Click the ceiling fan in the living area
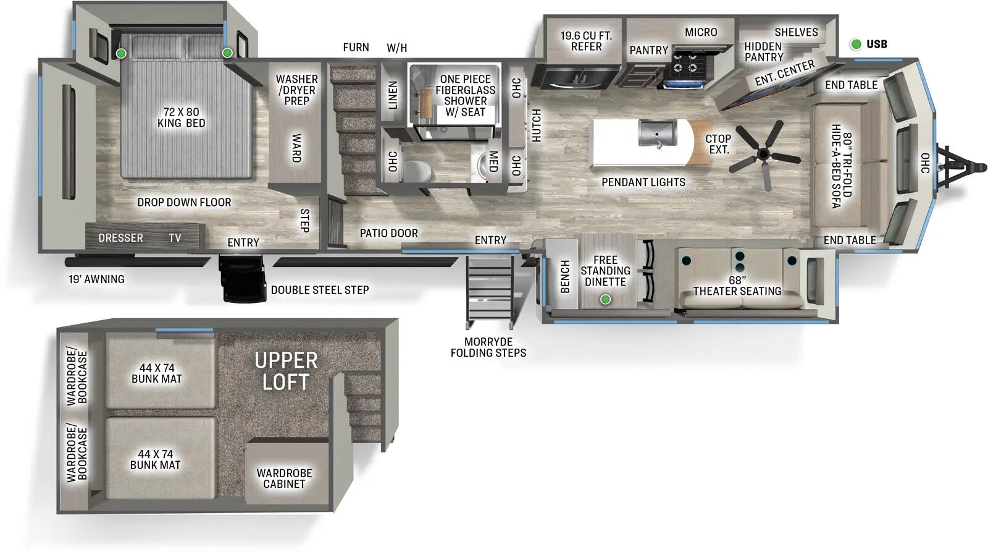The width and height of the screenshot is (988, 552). tap(764, 153)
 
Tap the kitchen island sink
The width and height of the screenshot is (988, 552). tap(657, 132)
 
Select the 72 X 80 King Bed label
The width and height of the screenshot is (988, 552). tap(181, 117)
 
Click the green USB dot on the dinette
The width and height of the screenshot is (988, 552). tap(605, 299)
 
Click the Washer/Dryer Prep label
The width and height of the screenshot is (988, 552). tap(296, 90)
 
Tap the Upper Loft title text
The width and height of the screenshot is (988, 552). tap(286, 371)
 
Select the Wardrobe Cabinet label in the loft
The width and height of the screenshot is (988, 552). tap(284, 478)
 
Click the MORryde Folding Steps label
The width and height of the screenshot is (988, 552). tap(488, 347)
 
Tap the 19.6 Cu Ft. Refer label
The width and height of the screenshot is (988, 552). tap(585, 41)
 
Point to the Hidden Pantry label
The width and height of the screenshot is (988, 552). tap(763, 51)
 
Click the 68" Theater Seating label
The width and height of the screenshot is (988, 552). tap(737, 286)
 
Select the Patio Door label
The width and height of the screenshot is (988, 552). tap(389, 233)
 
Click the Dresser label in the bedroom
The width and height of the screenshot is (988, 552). tap(120, 238)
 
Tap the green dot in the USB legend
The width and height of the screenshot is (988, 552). tap(856, 44)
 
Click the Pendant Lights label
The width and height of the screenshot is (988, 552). tap(643, 182)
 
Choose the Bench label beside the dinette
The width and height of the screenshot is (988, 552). tap(564, 276)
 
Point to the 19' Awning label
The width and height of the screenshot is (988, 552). tap(96, 279)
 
